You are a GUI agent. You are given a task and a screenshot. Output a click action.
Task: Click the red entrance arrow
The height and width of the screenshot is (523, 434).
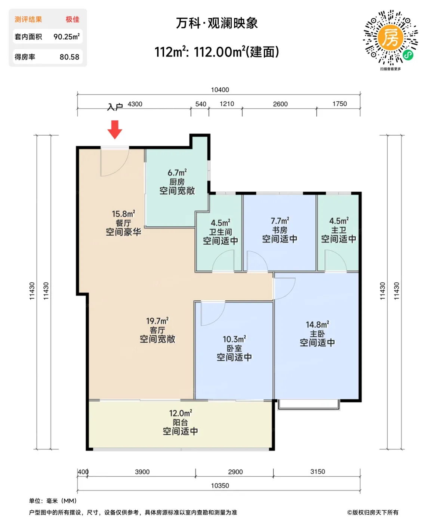pyautogui.click(x=115, y=130)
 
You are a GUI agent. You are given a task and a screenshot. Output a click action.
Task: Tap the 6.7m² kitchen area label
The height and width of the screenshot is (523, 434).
pyautogui.click(x=177, y=173)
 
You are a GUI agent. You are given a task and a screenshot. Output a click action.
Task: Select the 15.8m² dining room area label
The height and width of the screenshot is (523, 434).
pyautogui.click(x=123, y=214)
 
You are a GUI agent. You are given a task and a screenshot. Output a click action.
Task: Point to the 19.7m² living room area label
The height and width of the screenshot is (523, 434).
pyautogui.click(x=157, y=321)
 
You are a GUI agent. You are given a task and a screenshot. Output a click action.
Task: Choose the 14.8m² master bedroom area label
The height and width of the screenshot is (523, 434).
pyautogui.click(x=317, y=324)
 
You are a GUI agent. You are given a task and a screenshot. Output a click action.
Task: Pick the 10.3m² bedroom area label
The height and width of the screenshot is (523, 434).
pyautogui.click(x=234, y=339)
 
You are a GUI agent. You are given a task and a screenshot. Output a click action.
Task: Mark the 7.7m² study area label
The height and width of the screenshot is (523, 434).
pyautogui.click(x=280, y=221)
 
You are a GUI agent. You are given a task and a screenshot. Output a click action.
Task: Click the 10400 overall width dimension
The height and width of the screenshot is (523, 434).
pyautogui.click(x=220, y=90)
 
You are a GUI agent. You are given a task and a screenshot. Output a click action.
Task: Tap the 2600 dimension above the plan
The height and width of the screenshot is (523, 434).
pyautogui.click(x=280, y=104)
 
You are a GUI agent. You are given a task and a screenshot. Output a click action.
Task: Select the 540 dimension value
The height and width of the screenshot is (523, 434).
pyautogui.click(x=201, y=104)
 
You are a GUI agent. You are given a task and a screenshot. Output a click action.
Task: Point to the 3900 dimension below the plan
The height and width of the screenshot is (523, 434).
pyautogui.click(x=142, y=472)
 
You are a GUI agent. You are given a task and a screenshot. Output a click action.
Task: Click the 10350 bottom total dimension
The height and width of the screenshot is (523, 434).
pyautogui.click(x=220, y=485)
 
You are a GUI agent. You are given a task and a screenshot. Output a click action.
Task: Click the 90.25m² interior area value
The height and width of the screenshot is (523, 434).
pyautogui.click(x=67, y=37)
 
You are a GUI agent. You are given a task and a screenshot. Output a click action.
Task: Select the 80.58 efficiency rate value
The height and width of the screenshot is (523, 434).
pyautogui.click(x=70, y=57)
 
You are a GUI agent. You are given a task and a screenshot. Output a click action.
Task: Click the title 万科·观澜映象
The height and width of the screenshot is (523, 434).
pyautogui.click(x=217, y=23)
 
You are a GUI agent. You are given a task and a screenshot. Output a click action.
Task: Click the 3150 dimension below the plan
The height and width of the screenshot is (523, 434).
pyautogui.click(x=318, y=471)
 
